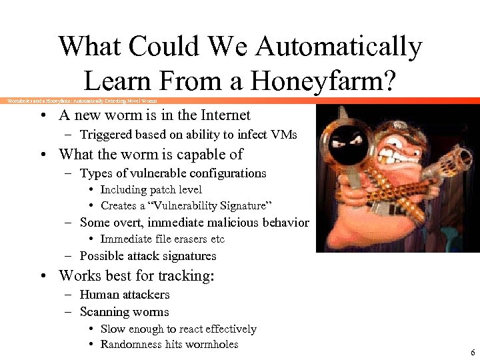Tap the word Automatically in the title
click(x=339, y=47)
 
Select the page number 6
click(x=473, y=353)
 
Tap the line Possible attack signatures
click(x=147, y=256)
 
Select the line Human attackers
click(x=124, y=294)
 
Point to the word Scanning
click(x=102, y=311)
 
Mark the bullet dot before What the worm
click(x=42, y=155)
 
